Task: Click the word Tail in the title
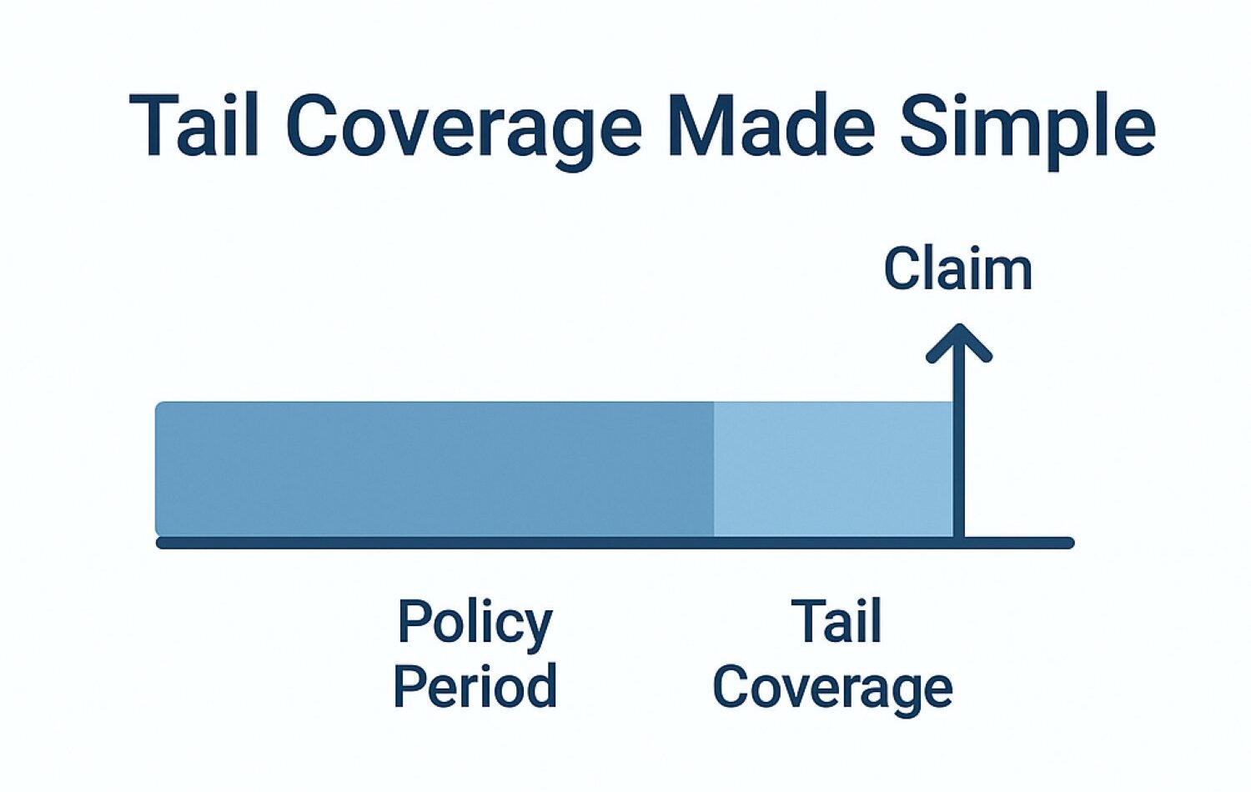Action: [193, 124]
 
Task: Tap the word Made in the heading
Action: [771, 124]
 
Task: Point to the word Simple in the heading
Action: [1027, 132]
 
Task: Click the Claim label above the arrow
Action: [958, 268]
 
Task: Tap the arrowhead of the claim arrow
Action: [959, 343]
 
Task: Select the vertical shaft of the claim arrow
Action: [959, 435]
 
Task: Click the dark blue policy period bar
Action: [435, 469]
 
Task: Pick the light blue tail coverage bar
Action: [833, 469]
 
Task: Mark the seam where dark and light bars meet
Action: [714, 469]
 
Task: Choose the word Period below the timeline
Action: [475, 685]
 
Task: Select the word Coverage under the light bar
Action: [833, 689]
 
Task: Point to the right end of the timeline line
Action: [1068, 543]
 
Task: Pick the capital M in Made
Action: [701, 125]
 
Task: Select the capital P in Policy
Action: [415, 621]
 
